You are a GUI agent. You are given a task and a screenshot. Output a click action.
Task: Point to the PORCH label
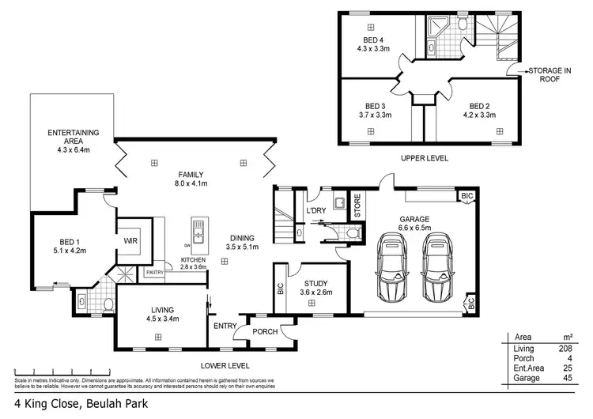click(265, 331)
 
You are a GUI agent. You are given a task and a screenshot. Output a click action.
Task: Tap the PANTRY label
click(155, 273)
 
